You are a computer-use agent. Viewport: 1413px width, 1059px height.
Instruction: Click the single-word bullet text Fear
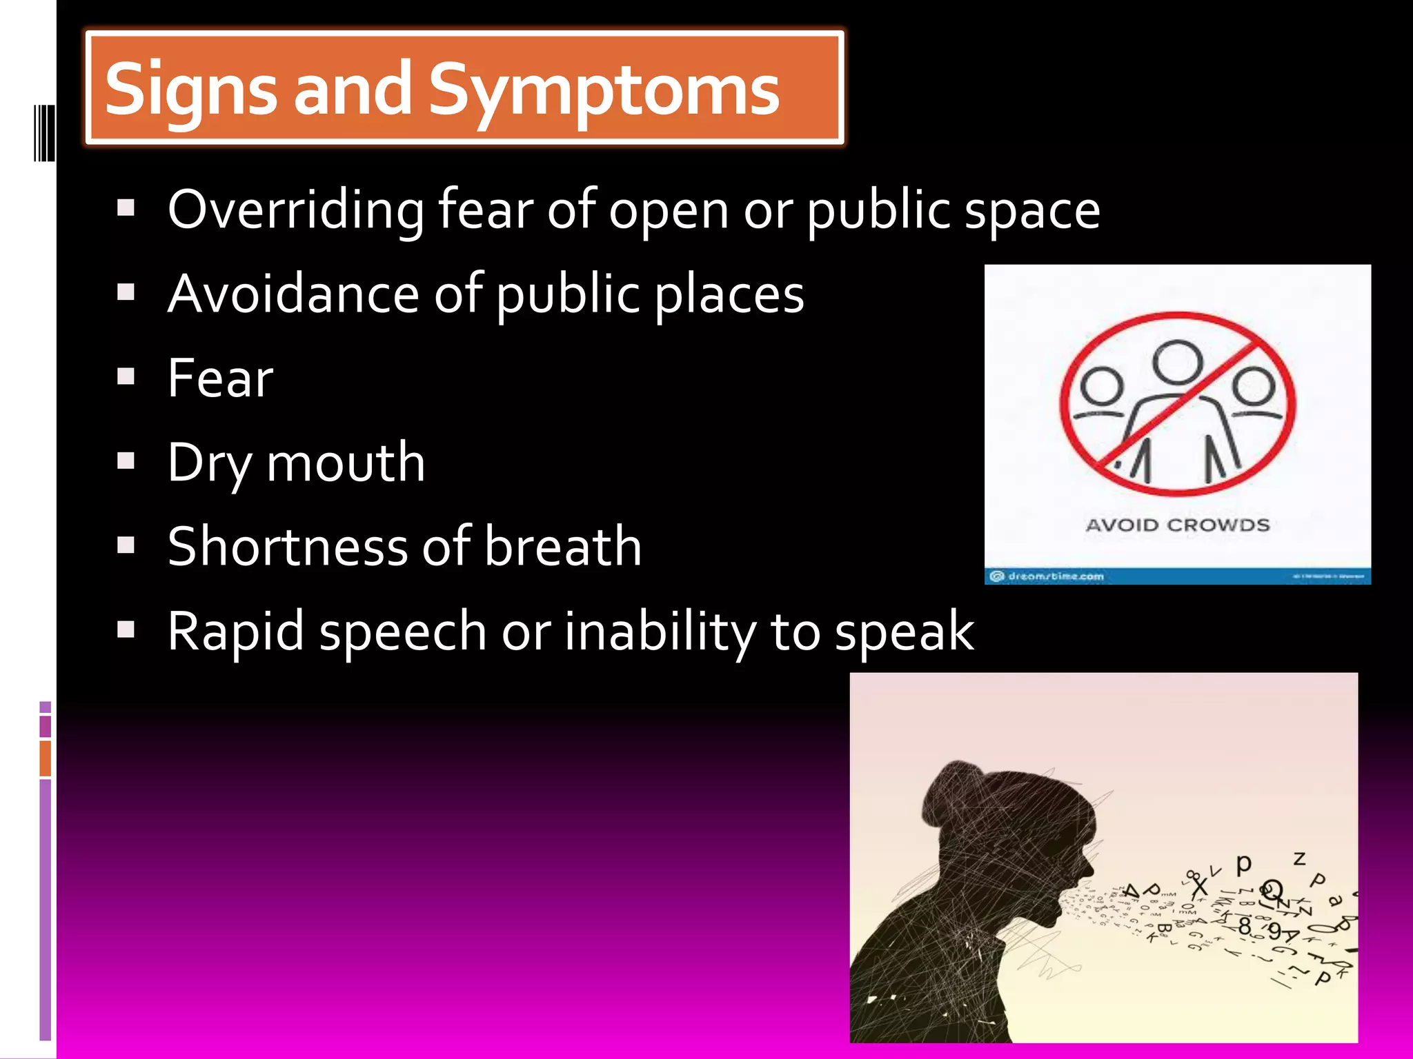pyautogui.click(x=220, y=379)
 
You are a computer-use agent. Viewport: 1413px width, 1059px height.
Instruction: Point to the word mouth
pyautogui.click(x=346, y=463)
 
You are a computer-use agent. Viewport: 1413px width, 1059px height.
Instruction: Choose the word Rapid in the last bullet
pyautogui.click(x=235, y=632)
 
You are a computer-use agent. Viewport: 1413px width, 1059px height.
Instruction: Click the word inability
pyautogui.click(x=660, y=632)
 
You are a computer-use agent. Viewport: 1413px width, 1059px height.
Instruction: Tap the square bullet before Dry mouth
pyautogui.click(x=126, y=461)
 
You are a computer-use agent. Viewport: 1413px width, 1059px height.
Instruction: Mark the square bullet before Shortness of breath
pyautogui.click(x=126, y=545)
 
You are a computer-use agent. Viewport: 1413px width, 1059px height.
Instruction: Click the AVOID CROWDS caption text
pyautogui.click(x=1178, y=525)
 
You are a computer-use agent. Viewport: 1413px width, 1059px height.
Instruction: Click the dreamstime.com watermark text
pyautogui.click(x=1056, y=576)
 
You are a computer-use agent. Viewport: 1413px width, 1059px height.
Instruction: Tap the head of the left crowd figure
pyautogui.click(x=1102, y=387)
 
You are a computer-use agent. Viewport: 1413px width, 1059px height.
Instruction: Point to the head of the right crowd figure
pyautogui.click(x=1254, y=387)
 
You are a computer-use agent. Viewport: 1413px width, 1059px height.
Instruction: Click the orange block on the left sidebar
pyautogui.click(x=46, y=758)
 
